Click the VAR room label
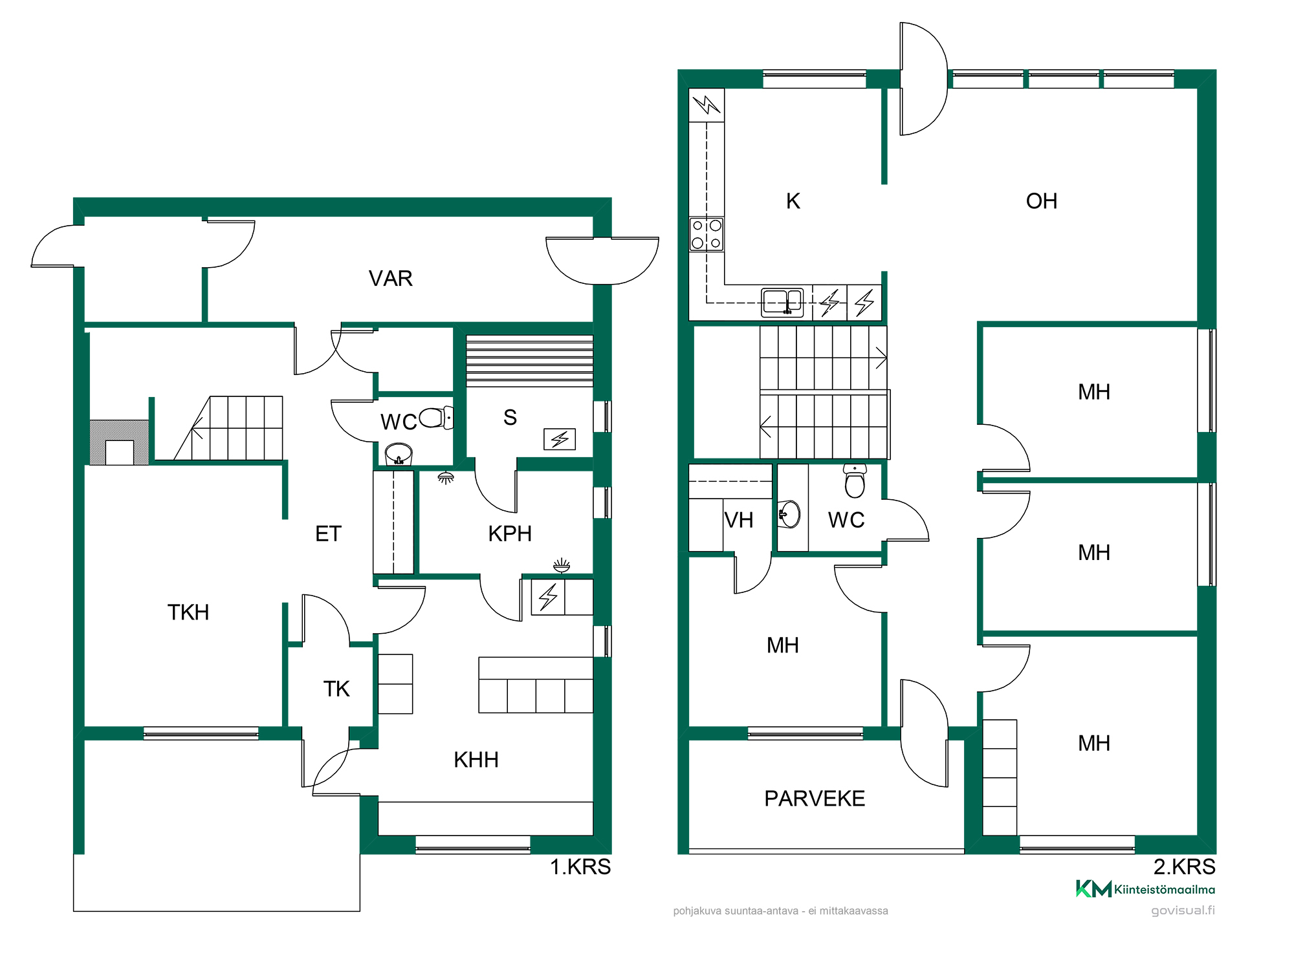(390, 279)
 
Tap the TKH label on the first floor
(188, 612)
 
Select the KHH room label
(476, 760)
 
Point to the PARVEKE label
(815, 799)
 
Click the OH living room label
(1042, 201)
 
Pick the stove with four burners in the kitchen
(707, 234)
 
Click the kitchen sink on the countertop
(782, 302)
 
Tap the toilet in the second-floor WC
(855, 480)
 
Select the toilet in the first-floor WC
(436, 418)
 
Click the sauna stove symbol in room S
(560, 440)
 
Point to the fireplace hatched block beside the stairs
(119, 442)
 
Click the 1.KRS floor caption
(580, 867)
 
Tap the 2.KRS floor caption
(1184, 867)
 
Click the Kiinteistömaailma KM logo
(1145, 889)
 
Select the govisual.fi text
(1183, 911)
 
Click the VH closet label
(739, 521)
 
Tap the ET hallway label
(328, 534)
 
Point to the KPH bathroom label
(510, 534)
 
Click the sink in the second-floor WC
(789, 515)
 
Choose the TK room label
(336, 689)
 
